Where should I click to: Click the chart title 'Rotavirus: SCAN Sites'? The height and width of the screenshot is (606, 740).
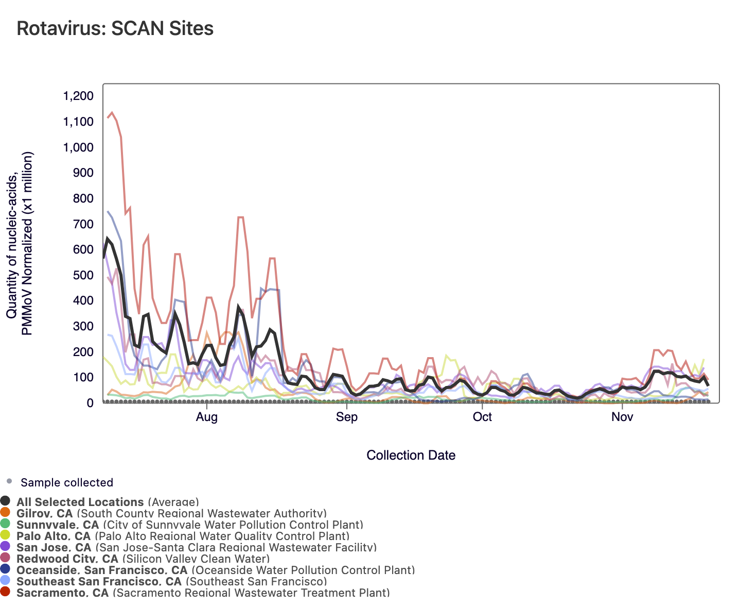point(115,28)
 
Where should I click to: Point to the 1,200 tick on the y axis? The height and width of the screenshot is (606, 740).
point(78,96)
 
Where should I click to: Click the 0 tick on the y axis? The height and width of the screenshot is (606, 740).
point(90,403)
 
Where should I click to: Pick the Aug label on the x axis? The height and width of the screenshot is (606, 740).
point(206,417)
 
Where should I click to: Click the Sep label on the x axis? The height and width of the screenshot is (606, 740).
point(346,417)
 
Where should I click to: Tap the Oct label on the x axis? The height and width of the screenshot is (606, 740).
point(482,417)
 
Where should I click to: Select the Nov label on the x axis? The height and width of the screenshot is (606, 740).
point(622,417)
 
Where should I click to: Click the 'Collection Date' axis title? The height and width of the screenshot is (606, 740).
point(411,455)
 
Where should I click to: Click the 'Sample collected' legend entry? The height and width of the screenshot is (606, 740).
point(66,483)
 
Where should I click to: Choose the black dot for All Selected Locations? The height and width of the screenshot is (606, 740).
point(6,501)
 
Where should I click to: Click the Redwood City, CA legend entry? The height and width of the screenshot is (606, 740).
point(143,559)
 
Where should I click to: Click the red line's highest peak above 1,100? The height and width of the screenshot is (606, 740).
point(112,112)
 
